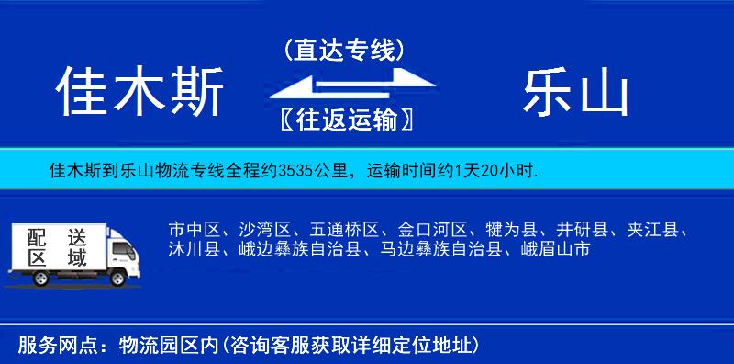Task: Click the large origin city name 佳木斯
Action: pyautogui.click(x=139, y=94)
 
